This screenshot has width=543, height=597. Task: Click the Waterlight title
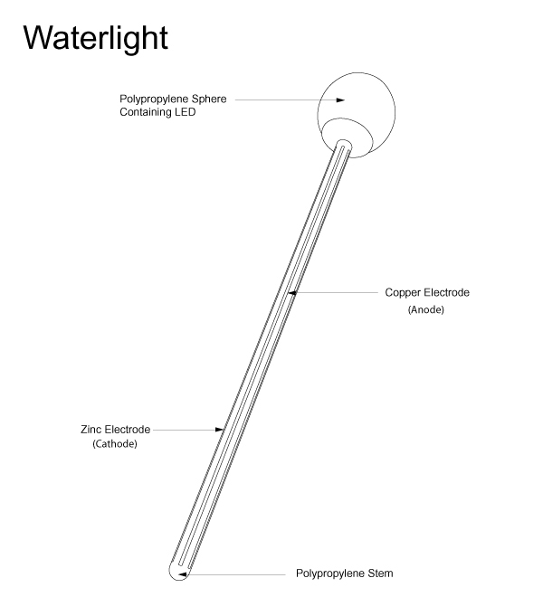[x=95, y=37]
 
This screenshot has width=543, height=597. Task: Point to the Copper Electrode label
[x=427, y=293]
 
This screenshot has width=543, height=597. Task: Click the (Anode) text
[x=426, y=310]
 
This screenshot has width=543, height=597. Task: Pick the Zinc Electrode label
[x=115, y=429]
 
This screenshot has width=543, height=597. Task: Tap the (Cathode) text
[x=115, y=445]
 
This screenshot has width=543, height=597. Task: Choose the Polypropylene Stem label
[x=345, y=573]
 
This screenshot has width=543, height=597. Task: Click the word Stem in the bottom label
[x=380, y=573]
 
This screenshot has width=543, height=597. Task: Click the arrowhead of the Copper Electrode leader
[x=292, y=293]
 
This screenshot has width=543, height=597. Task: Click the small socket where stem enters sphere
[x=344, y=145]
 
